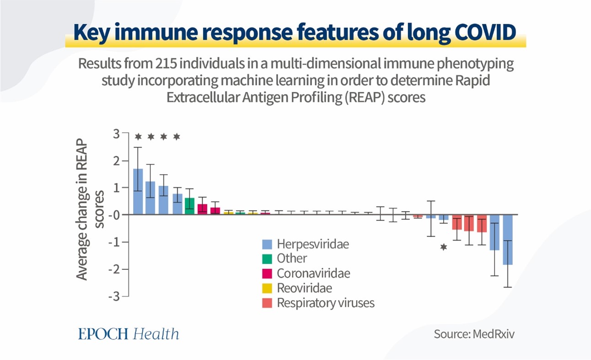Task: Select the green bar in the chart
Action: coord(189,206)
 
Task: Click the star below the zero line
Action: coord(443,247)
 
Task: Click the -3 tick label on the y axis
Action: coord(114,296)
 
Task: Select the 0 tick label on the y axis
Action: coord(114,215)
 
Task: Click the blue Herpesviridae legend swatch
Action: coord(268,244)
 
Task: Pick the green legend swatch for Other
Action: coord(268,259)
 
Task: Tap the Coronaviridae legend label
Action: coord(313,273)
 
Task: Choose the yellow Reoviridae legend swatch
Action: coord(268,288)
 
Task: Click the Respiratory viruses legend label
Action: coord(325,303)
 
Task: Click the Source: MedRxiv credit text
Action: coord(474,334)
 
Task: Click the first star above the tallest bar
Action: coord(138,136)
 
